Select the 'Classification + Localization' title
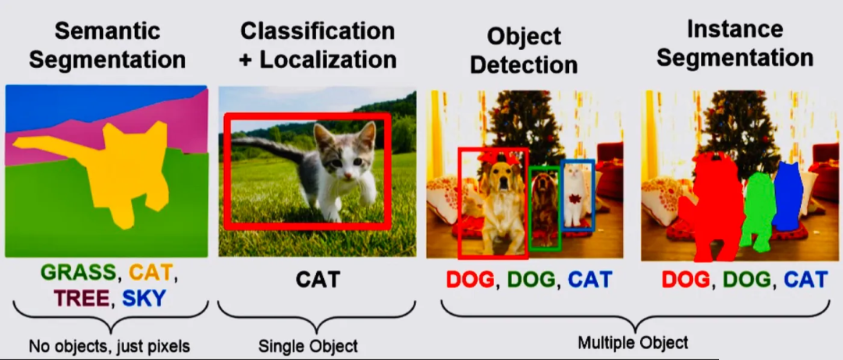tap(318, 45)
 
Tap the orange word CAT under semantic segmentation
tap(151, 274)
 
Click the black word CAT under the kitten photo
tap(318, 280)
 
